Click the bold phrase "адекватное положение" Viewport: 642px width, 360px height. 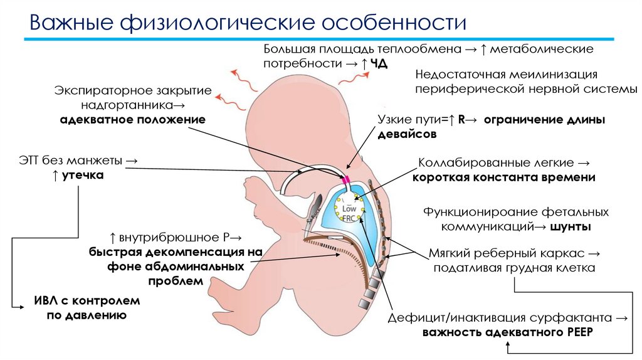pyautogui.click(x=132, y=119)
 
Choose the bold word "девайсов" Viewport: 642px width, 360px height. pyautogui.click(x=407, y=134)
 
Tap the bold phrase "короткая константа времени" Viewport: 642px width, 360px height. pyautogui.click(x=503, y=177)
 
